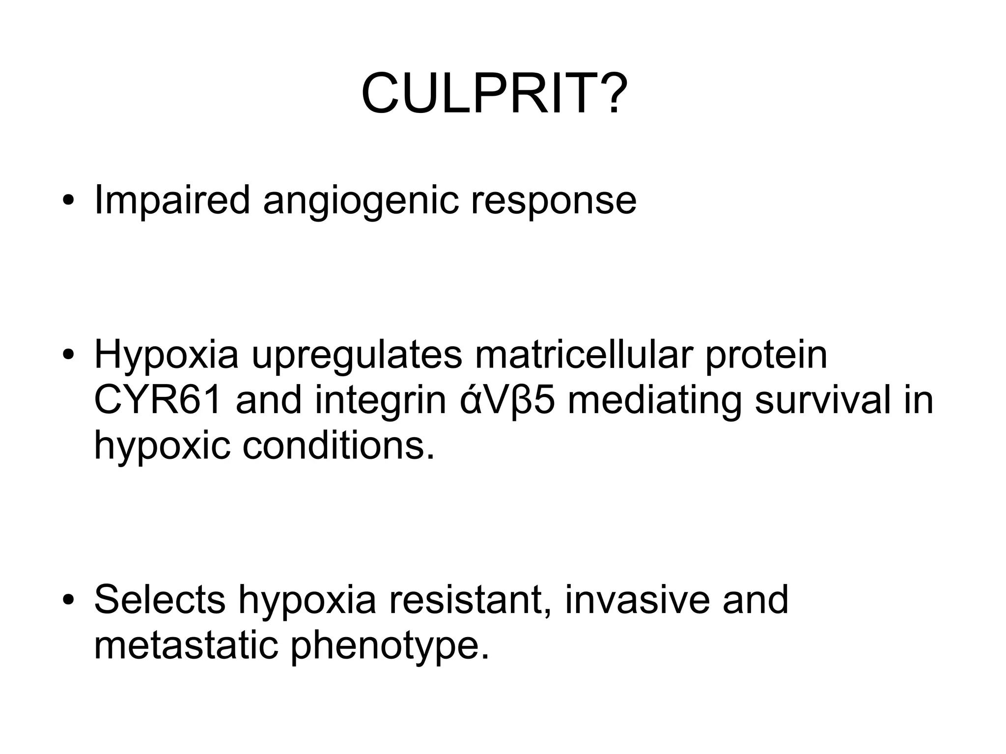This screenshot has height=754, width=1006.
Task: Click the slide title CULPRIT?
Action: click(x=494, y=93)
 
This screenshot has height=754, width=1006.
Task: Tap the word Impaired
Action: click(x=172, y=200)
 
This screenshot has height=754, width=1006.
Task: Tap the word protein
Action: click(x=766, y=356)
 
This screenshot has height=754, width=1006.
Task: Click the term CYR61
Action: click(x=158, y=400)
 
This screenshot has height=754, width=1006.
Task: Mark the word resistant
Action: click(x=470, y=600)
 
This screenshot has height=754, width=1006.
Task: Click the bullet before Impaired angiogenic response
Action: click(x=68, y=201)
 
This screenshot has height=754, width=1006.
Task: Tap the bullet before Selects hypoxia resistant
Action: click(x=68, y=601)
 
